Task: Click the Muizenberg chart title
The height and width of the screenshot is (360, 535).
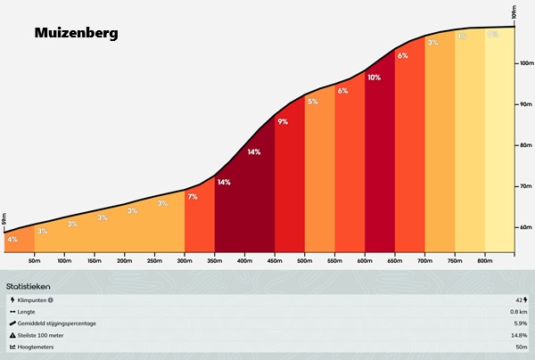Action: click(x=76, y=34)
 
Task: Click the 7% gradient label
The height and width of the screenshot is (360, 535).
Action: click(x=193, y=196)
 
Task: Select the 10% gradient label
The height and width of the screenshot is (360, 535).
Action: click(x=374, y=78)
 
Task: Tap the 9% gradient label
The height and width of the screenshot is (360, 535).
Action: click(x=283, y=121)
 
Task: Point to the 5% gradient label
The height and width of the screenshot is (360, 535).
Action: click(x=312, y=102)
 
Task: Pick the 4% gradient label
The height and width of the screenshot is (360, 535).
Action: click(x=12, y=239)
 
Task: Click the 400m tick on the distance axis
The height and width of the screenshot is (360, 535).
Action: click(x=244, y=262)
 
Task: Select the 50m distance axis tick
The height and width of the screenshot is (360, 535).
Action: click(x=34, y=262)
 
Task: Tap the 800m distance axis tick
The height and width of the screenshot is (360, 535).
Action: click(x=484, y=262)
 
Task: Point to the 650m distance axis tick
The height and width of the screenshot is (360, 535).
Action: click(x=394, y=262)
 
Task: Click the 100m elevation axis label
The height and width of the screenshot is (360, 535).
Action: click(x=525, y=63)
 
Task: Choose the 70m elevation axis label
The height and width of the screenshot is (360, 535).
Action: click(x=525, y=186)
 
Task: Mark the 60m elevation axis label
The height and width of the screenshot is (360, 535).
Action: click(x=525, y=227)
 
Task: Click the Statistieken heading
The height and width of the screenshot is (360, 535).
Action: click(x=28, y=287)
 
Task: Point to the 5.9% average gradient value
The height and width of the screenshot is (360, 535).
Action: click(x=519, y=323)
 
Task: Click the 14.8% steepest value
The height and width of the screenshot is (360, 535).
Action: click(x=517, y=334)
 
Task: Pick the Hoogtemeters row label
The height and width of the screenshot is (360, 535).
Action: click(x=37, y=346)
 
